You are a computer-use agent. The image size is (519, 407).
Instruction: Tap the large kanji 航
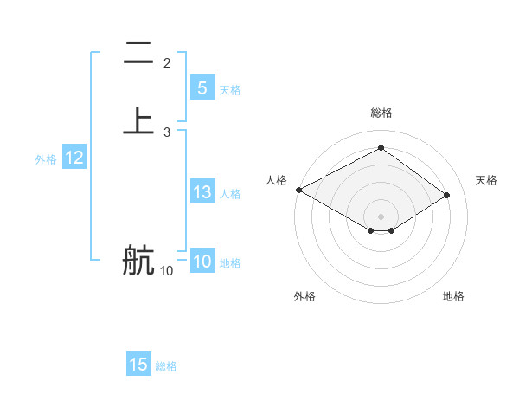138,260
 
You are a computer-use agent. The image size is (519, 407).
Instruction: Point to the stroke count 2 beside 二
167,62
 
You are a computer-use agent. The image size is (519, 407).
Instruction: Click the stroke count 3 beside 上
167,132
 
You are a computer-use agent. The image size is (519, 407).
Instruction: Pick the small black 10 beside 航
166,271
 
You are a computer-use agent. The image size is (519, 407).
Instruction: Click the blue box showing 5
202,88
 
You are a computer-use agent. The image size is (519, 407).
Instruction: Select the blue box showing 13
202,193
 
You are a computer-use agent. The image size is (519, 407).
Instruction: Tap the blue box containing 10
202,262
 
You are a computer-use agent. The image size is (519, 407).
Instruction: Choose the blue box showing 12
74,158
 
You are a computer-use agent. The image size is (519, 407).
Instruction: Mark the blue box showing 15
138,365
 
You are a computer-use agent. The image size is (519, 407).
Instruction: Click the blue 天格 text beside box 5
230,90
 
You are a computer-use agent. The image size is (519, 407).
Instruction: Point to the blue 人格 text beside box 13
230,194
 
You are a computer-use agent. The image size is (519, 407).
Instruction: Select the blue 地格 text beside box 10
230,263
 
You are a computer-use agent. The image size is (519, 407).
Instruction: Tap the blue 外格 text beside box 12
46,159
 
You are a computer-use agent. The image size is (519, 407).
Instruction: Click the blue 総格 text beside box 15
166,366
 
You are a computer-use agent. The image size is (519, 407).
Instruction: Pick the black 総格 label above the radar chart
381,113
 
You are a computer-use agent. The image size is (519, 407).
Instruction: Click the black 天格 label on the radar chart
487,180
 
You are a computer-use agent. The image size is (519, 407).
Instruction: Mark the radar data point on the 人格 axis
298,190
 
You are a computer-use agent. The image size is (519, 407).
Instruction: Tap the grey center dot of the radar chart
381,216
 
